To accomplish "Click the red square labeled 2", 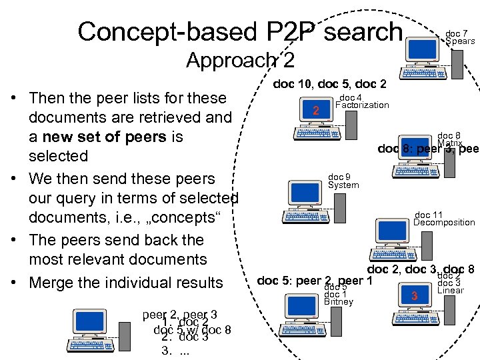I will pos(316,110).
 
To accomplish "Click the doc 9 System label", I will pos(343,181).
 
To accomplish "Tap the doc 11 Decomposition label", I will pos(443,219).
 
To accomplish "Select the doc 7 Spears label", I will pos(460,37).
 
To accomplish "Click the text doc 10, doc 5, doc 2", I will pos(329,83).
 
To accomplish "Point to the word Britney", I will pos(338,302).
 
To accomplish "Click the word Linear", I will pos(450,291).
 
